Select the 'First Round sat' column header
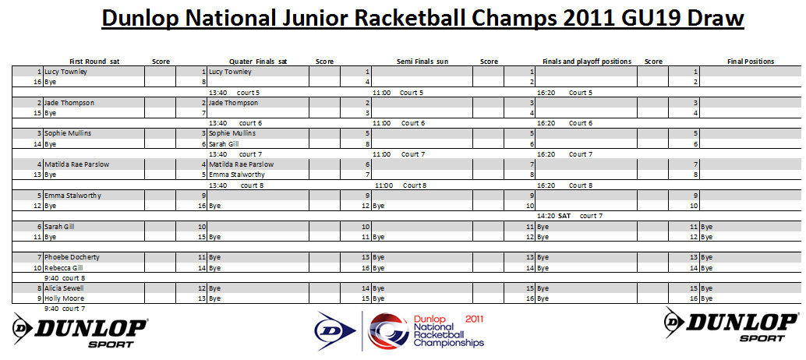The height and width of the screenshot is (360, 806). coord(94,62)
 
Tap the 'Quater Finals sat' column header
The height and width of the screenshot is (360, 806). coord(258,62)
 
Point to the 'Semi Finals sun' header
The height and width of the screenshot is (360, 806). coord(422,62)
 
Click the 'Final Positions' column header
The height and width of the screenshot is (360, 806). coord(751,62)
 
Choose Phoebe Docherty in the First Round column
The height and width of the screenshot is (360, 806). coord(67,257)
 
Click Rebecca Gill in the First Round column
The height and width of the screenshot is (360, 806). coord(64,267)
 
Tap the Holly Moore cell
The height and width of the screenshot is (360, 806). coord(64,298)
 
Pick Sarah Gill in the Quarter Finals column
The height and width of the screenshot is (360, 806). coord(224,144)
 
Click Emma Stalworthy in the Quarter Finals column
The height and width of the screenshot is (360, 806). coord(237,175)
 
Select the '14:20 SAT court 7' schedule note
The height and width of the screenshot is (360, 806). coord(570,216)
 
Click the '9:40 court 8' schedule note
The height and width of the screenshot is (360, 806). coord(65,278)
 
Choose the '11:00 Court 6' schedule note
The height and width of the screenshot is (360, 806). coord(399,123)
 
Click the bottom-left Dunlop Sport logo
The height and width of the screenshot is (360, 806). coord(80,330)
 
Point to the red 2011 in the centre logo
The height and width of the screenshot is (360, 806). coord(474,319)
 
